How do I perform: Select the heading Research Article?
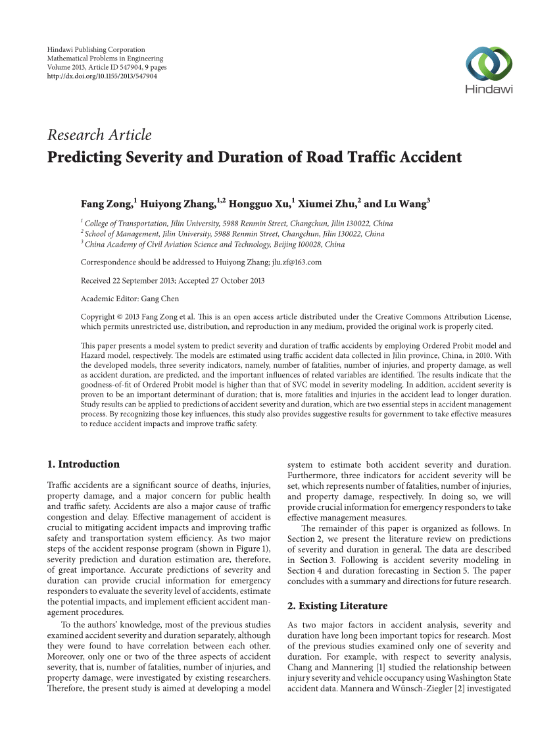(99, 135)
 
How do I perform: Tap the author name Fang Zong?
(106, 203)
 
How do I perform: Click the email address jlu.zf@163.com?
(297, 262)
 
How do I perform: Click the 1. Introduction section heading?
(84, 464)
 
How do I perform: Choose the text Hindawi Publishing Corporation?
(96, 49)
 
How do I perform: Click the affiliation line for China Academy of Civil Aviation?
(214, 244)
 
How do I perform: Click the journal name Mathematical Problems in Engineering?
(105, 59)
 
